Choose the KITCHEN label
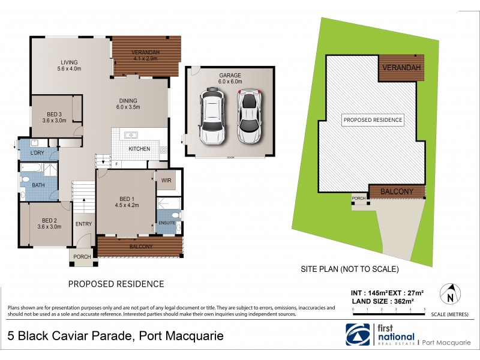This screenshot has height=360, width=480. coord(139,149)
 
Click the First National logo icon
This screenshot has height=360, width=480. coord(358,335)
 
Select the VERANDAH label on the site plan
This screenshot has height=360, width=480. coord(401,67)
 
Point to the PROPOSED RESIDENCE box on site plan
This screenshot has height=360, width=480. coord(372,120)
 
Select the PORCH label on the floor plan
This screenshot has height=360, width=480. coord(82,257)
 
